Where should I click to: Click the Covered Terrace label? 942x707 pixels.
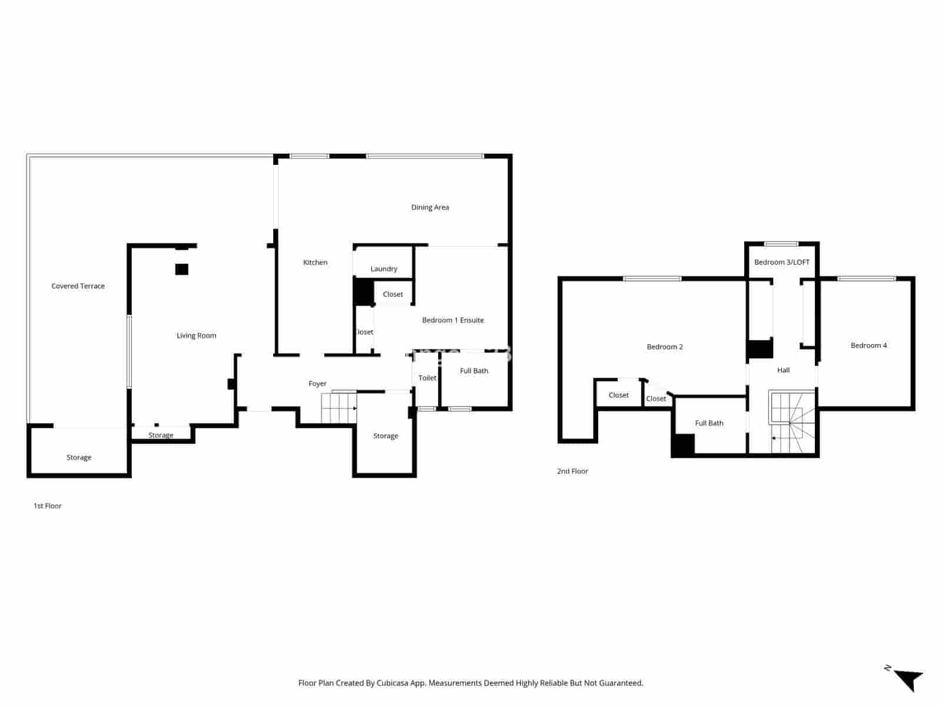78,286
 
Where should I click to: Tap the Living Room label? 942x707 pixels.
196,336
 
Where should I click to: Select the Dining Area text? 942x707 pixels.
430,207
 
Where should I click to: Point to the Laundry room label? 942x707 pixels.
384,269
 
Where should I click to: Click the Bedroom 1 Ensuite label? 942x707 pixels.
453,321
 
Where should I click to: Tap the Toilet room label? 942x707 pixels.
427,378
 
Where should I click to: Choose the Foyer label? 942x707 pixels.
317,384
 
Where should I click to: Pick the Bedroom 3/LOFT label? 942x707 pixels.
782,262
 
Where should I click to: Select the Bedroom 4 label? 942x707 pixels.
868,346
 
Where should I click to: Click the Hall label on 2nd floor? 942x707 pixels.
783,371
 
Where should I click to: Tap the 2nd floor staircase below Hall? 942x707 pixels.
792,422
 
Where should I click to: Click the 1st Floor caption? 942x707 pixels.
48,506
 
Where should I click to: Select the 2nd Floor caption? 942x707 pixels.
572,471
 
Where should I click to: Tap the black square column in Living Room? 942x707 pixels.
181,269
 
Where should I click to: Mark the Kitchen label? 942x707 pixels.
315,263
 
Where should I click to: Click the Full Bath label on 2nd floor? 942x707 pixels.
709,424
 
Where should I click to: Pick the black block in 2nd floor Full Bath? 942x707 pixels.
683,445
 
